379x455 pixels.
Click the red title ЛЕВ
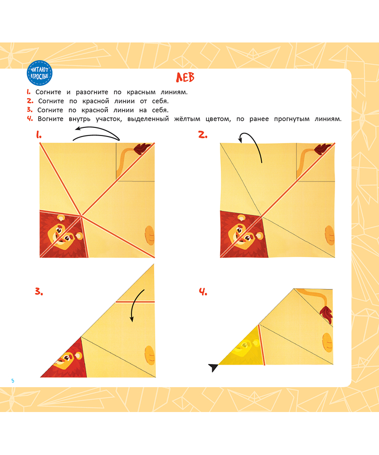[185, 77]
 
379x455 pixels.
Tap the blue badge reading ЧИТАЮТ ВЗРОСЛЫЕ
[39, 73]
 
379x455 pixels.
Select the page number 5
[13, 381]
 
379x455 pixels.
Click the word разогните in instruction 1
[92, 93]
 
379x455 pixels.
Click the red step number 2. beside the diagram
[203, 134]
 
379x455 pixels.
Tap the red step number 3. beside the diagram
[39, 291]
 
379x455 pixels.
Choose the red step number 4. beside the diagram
[203, 292]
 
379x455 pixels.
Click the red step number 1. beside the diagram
[39, 134]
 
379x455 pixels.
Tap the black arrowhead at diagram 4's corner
[213, 368]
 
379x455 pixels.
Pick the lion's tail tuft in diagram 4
[326, 314]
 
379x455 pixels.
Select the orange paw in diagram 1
[150, 235]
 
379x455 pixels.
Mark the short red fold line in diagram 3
[135, 302]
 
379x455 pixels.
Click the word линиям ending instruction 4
[328, 119]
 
